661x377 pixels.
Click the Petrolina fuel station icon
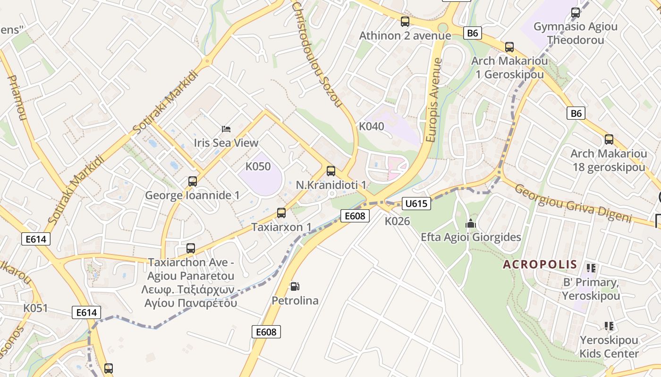click(x=295, y=287)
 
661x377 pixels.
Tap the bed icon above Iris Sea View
click(x=226, y=129)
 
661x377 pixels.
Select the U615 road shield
click(x=416, y=204)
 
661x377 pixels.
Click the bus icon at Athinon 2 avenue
click(x=405, y=22)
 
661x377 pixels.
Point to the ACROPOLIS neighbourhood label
click(x=540, y=264)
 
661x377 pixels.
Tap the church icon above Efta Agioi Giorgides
click(x=471, y=223)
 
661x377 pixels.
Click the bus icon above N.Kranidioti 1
click(x=331, y=171)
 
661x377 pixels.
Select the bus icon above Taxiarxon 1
click(x=281, y=213)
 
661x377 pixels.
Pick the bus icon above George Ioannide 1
click(x=192, y=181)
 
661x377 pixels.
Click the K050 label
click(x=258, y=166)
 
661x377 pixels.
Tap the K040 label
click(x=372, y=126)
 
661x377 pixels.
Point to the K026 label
click(x=397, y=221)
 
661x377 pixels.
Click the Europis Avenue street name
click(x=433, y=100)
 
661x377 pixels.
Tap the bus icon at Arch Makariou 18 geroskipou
click(x=609, y=139)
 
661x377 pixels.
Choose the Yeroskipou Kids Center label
click(x=609, y=346)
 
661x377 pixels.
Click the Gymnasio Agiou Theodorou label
click(x=575, y=33)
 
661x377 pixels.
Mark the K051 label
click(x=36, y=308)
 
